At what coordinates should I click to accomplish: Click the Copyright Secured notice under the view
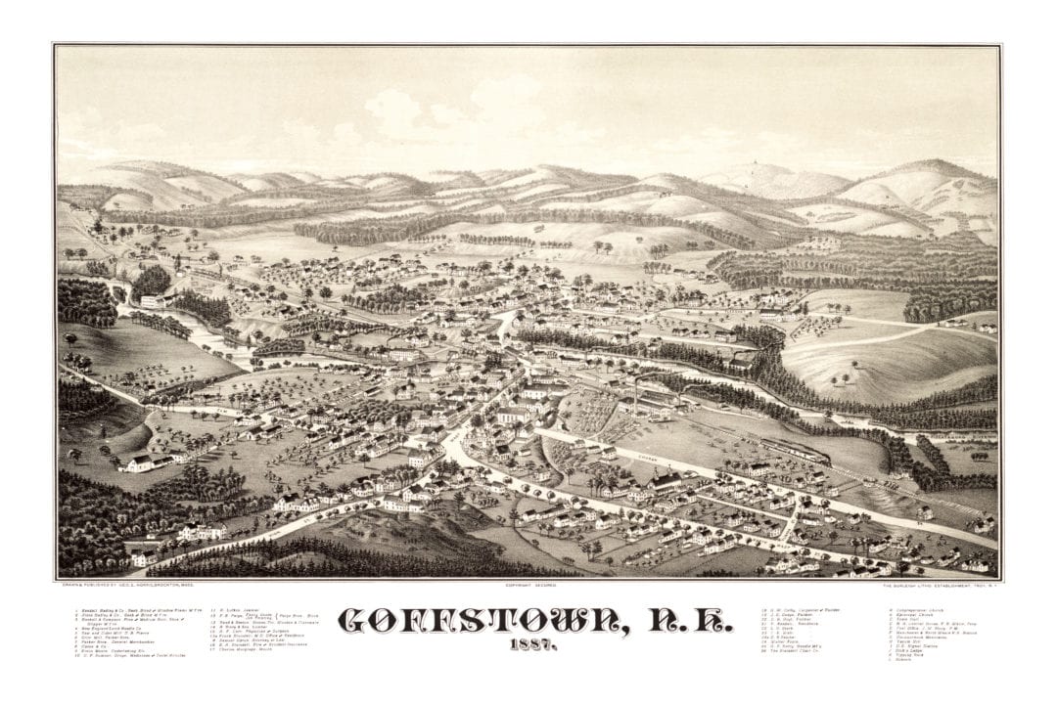533,585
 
